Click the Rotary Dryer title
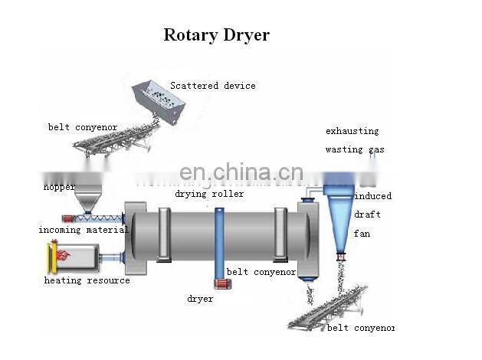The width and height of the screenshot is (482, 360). pos(216,35)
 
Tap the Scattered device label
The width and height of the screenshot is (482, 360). pos(212,86)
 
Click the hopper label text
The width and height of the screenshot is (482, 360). pos(59,187)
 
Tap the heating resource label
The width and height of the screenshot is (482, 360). pos(87,280)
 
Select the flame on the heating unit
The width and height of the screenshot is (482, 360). pos(62,254)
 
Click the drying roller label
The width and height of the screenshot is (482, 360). pos(209,194)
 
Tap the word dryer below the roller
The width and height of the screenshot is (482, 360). pos(200,299)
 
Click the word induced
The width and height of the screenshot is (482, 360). pos(372,196)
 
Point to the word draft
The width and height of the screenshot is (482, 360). pos(367,214)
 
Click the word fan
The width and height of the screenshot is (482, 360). pos(362,233)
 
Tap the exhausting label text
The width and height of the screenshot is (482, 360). pos(352,131)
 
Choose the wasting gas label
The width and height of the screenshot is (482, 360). pos(354,150)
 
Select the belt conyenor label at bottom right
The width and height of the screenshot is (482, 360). pos(360,328)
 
